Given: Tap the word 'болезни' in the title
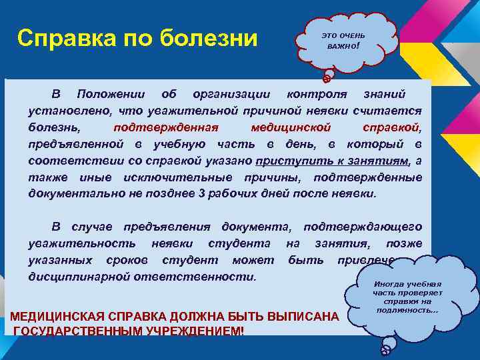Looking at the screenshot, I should point(210,38).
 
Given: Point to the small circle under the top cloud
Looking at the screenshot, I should point(327,78).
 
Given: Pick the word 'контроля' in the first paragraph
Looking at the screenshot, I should point(312,92).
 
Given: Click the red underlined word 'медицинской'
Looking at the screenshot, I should point(287,126).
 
